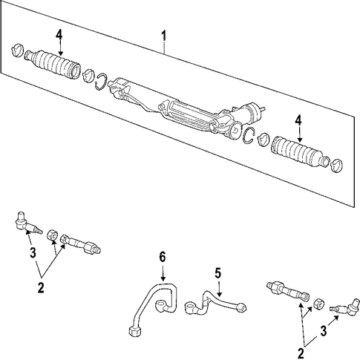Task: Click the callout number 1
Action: (164, 36)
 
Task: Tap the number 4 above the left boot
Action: (59, 35)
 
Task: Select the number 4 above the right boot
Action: (298, 121)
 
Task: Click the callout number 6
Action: (162, 257)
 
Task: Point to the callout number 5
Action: (218, 273)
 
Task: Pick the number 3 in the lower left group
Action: (33, 253)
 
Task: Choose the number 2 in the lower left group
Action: (41, 287)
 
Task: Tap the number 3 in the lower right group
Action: (324, 331)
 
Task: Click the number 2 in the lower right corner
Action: (301, 353)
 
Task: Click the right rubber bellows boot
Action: (301, 151)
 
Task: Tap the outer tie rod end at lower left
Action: (27, 223)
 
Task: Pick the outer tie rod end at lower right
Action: (345, 307)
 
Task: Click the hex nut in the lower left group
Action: (52, 235)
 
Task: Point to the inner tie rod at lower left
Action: (80, 243)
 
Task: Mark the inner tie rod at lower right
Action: (288, 290)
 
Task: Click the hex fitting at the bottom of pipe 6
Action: (136, 330)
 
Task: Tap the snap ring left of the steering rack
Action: (101, 82)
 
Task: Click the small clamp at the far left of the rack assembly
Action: (17, 51)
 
